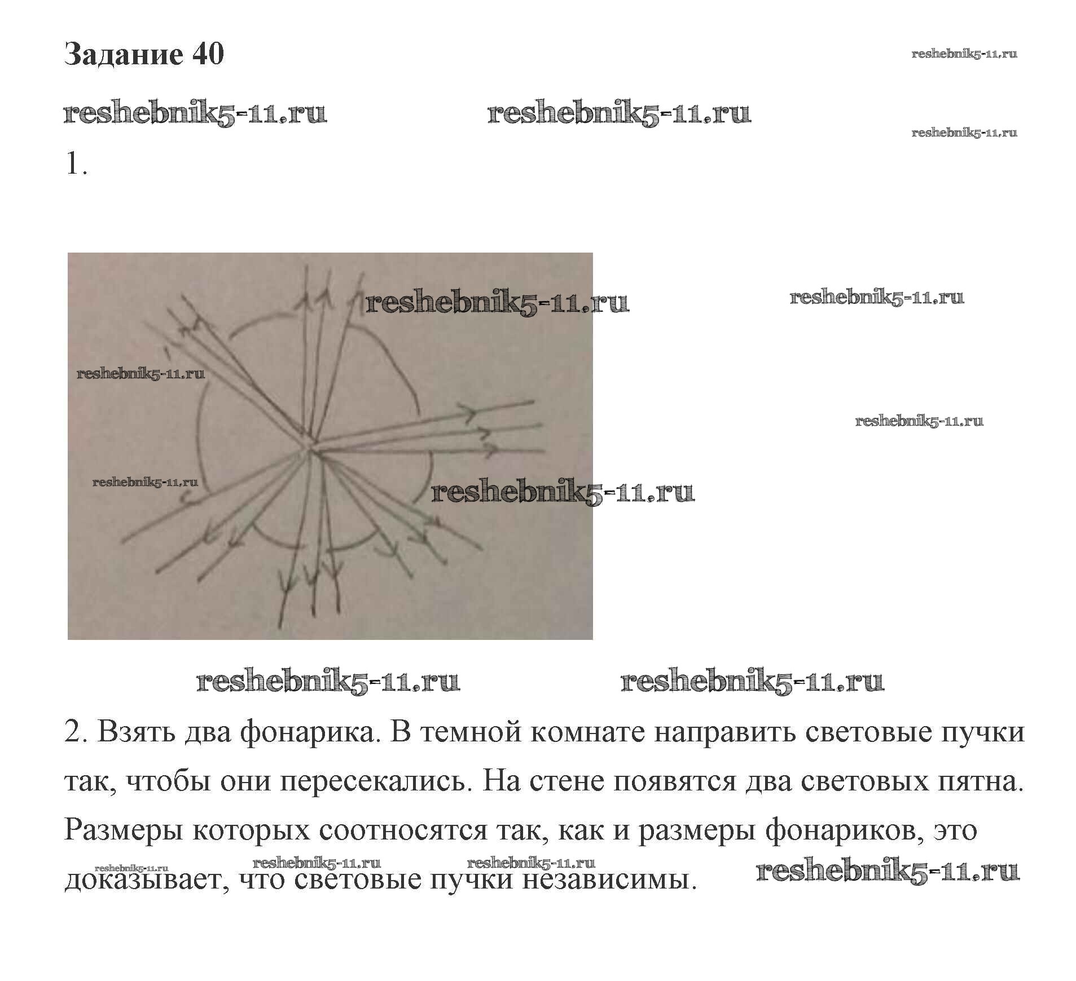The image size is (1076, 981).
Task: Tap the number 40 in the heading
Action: [208, 55]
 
